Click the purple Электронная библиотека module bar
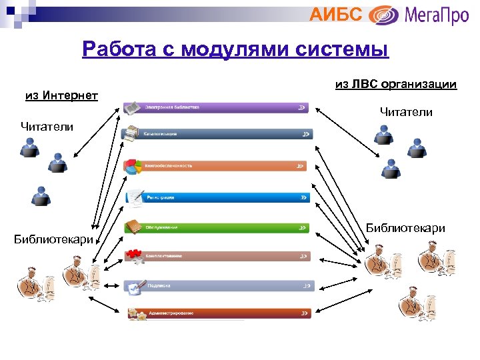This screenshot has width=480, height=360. pyautogui.click(x=220, y=107)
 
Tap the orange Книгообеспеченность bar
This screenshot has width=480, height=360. pyautogui.click(x=220, y=165)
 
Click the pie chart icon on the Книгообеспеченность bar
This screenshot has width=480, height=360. pyautogui.click(x=134, y=166)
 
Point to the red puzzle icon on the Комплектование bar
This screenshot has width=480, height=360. pyautogui.click(x=135, y=255)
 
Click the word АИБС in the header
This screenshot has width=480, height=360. pyautogui.click(x=336, y=14)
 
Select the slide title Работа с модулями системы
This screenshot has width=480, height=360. pyautogui.click(x=235, y=49)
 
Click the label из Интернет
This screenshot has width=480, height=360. pyautogui.click(x=61, y=95)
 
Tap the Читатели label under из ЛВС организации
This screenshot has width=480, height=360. pyautogui.click(x=406, y=112)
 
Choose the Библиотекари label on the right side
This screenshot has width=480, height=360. pyautogui.click(x=405, y=228)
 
